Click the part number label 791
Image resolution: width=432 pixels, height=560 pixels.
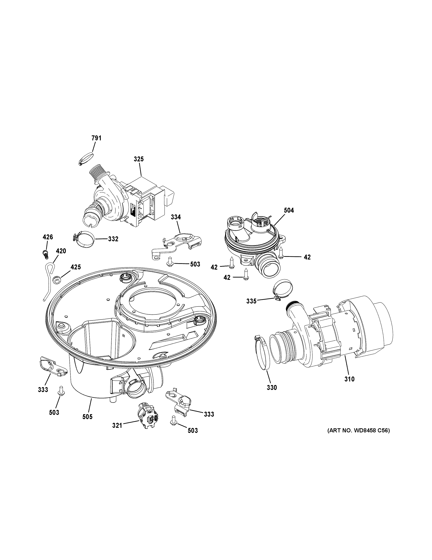point(97,138)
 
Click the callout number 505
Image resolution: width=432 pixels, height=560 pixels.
point(87,417)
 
